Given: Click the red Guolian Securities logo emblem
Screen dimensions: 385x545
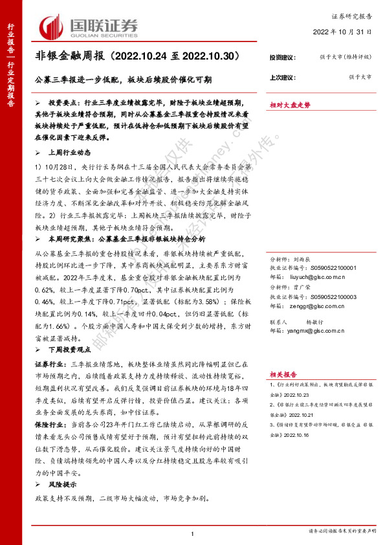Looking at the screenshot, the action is point(52,27).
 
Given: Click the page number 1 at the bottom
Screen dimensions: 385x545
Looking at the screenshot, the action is point(193,533).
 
